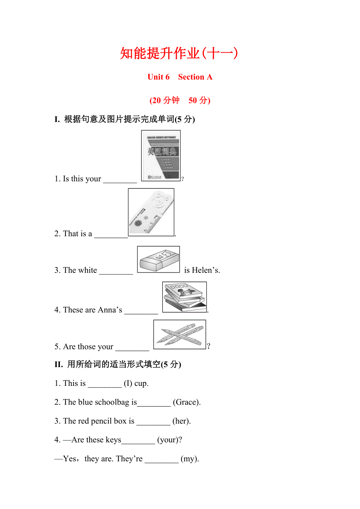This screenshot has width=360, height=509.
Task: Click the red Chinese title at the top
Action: pyautogui.click(x=179, y=54)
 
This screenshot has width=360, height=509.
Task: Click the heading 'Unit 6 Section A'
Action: pyautogui.click(x=180, y=77)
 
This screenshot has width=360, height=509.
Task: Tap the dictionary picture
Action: pyautogui.click(x=161, y=156)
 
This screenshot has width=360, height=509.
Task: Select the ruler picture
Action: pyautogui.click(x=151, y=212)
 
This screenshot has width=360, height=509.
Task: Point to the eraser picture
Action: pyautogui.click(x=158, y=259)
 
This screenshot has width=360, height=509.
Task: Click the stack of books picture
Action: pyautogui.click(x=184, y=297)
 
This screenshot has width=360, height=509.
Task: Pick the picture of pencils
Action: pyautogui.click(x=180, y=334)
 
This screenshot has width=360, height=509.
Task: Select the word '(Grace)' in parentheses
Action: pyautogui.click(x=187, y=402)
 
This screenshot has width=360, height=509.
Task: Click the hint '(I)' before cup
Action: pyautogui.click(x=128, y=384)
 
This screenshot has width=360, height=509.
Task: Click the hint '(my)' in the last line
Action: pyautogui.click(x=190, y=459)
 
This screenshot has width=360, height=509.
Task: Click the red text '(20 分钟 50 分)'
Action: pyautogui.click(x=180, y=100)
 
